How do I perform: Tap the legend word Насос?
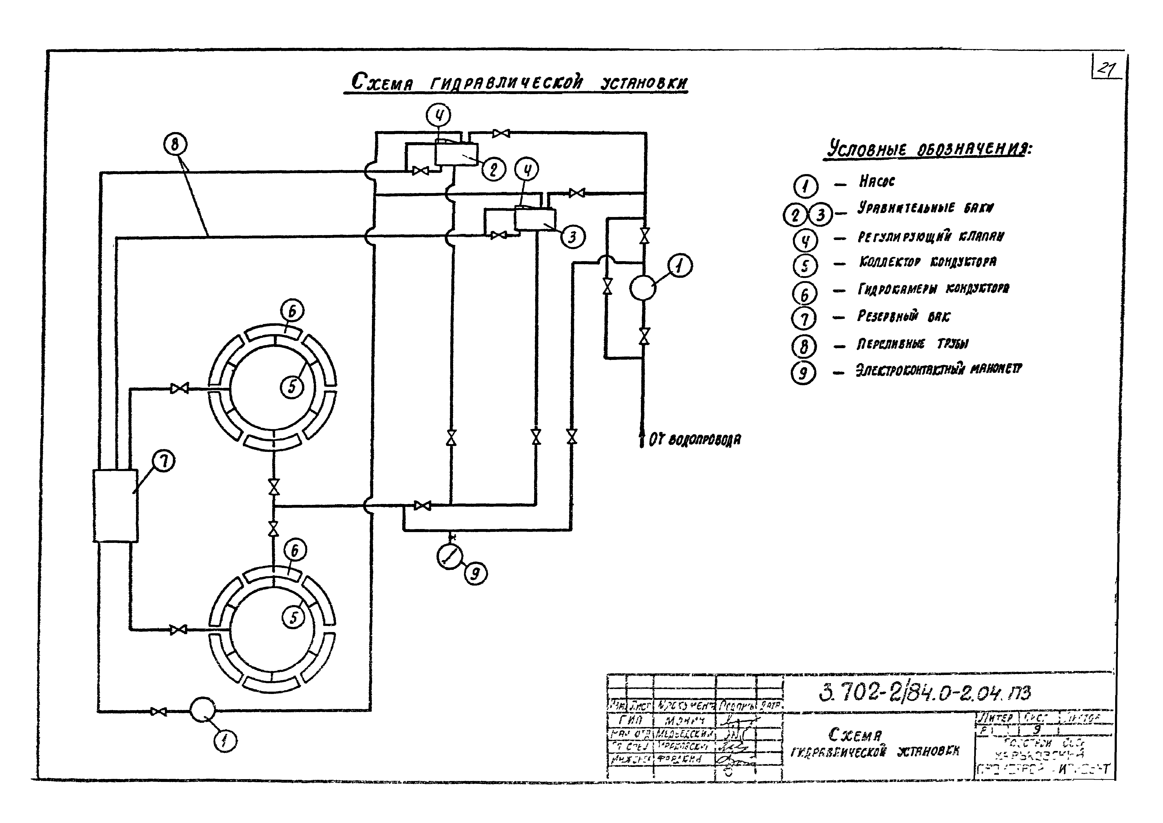[x=877, y=181]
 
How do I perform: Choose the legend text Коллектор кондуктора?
[x=927, y=262]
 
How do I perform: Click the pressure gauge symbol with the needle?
[x=450, y=557]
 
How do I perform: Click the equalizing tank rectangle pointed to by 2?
[x=456, y=154]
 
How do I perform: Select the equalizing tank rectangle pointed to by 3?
[x=535, y=220]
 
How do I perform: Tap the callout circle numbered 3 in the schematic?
[x=572, y=237]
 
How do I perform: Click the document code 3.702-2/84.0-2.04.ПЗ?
[x=925, y=693]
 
